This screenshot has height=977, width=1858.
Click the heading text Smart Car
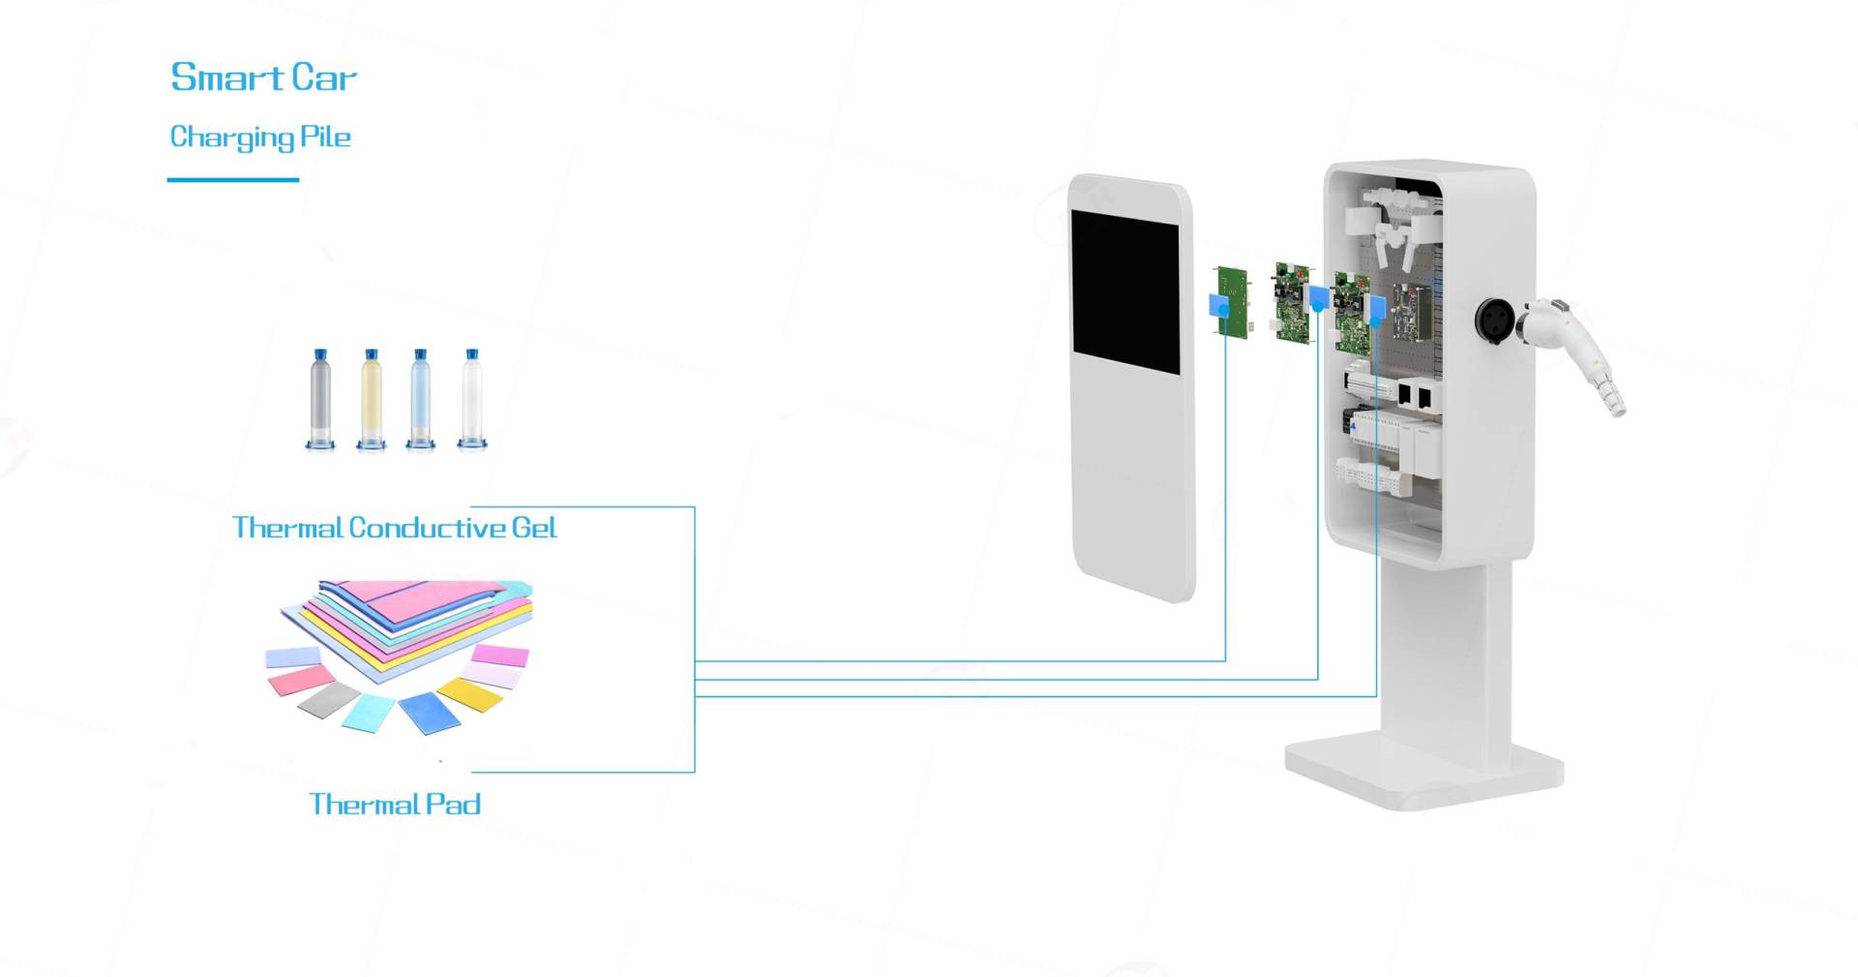[x=263, y=77]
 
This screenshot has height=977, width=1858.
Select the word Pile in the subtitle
[x=325, y=137]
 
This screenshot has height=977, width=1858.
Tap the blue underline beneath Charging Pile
[x=232, y=179]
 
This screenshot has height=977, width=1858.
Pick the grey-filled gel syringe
[x=320, y=399]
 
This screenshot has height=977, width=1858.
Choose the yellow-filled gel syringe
[x=371, y=399]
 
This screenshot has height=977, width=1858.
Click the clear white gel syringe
[x=472, y=399]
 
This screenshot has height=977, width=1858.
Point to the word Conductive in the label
[x=427, y=528]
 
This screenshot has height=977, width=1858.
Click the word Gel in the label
[x=534, y=528]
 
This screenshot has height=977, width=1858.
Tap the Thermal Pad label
[x=395, y=804]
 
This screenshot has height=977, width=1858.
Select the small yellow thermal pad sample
[x=470, y=693]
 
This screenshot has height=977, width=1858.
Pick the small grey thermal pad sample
[x=329, y=699]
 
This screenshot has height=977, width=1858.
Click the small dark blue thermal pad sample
[x=430, y=712]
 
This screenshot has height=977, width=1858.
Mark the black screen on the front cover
[x=1125, y=291]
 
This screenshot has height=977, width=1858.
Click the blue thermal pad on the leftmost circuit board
[x=1218, y=304]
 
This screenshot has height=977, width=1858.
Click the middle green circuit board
[x=1291, y=302]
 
